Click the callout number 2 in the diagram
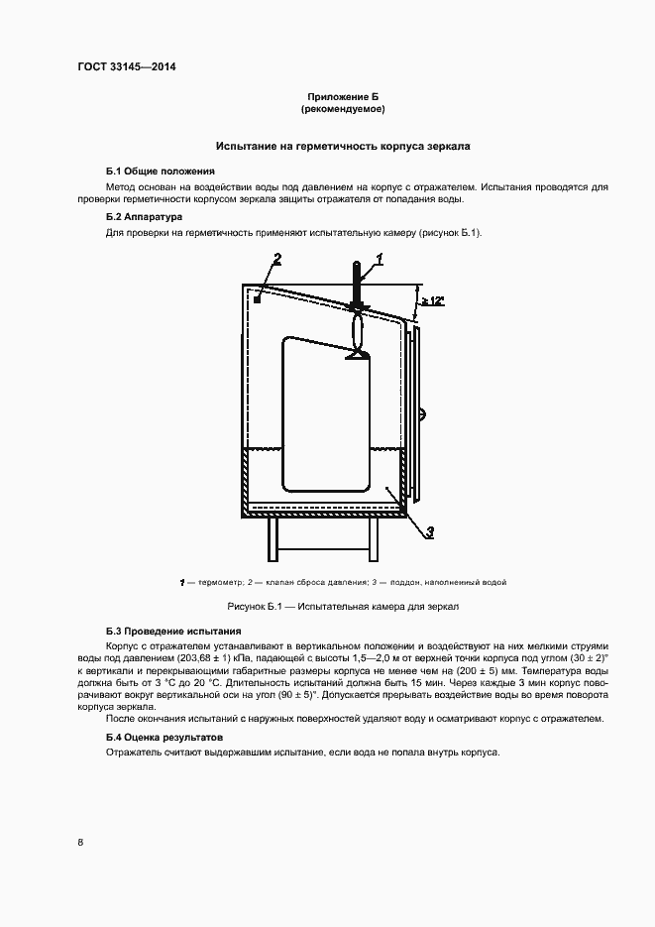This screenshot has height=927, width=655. pyautogui.click(x=277, y=260)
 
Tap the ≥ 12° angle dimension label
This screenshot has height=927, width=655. pyautogui.click(x=432, y=299)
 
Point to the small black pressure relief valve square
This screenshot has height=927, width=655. pyautogui.click(x=257, y=297)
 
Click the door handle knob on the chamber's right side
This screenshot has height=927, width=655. pyautogui.click(x=422, y=412)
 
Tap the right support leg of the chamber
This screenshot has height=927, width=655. pyautogui.click(x=374, y=540)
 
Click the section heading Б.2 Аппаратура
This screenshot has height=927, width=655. pyautogui.click(x=144, y=216)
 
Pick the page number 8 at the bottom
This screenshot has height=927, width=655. pyautogui.click(x=81, y=842)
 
